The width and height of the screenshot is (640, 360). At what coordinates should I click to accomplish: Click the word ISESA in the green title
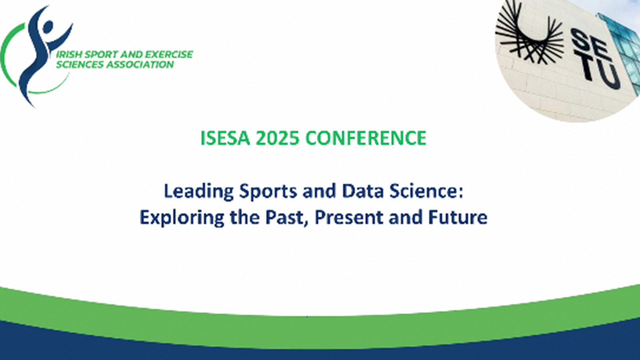coord(225,138)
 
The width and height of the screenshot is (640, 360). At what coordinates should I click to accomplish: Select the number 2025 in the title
coord(277,138)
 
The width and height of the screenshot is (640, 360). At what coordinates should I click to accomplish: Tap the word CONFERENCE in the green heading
coord(366,138)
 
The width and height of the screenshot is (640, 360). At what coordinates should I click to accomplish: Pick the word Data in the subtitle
coord(363,191)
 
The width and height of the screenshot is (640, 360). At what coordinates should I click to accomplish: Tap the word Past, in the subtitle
coord(287,218)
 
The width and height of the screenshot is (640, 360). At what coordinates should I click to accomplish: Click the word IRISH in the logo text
coord(69,54)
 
